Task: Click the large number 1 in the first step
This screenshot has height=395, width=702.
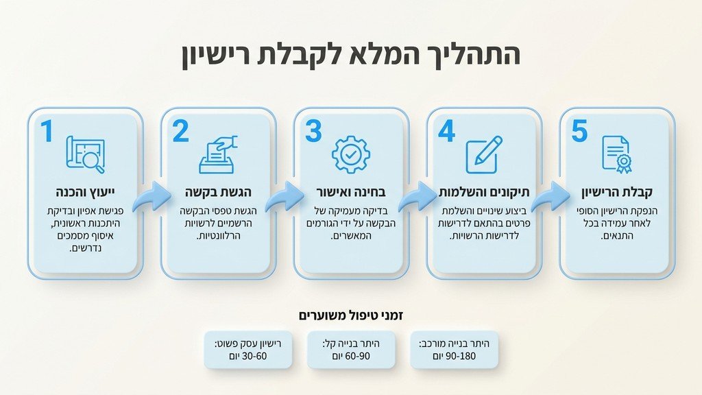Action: point(47,131)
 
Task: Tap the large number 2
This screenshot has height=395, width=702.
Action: point(180,131)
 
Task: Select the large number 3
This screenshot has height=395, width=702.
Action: point(313,131)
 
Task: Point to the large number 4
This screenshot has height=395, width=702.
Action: point(446,131)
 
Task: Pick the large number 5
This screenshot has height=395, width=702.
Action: point(579,131)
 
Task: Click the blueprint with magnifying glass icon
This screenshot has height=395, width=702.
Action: point(85,154)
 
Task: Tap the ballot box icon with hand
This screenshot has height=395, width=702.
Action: point(217,154)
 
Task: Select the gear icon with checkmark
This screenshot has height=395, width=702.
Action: point(350,154)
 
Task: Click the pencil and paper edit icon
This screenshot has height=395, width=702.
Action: point(483,154)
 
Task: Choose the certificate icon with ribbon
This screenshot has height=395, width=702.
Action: point(616,154)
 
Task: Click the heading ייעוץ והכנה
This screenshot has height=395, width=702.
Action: point(85,191)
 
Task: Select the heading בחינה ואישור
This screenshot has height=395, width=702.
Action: point(351,191)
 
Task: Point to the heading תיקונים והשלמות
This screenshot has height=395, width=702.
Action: point(484,191)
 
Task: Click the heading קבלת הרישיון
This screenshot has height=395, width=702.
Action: point(616,191)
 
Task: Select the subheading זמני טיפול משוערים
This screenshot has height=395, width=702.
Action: point(351,315)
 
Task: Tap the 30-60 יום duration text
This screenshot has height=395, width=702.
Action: point(249,357)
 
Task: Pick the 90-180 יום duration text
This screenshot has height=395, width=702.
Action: point(454,357)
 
